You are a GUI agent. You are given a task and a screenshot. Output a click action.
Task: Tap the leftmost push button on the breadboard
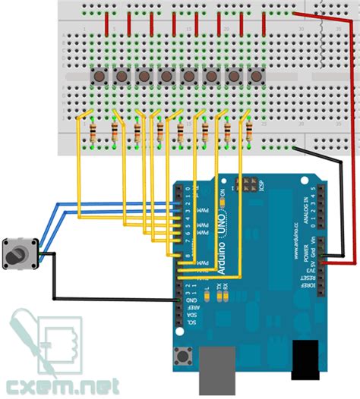(98, 76)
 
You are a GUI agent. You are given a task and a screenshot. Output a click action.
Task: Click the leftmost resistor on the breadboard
(92, 135)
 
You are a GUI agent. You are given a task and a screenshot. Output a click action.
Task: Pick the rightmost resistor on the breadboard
(250, 135)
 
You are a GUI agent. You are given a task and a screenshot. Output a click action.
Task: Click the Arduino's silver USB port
(217, 372)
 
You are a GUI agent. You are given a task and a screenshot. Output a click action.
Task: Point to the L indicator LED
(207, 297)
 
